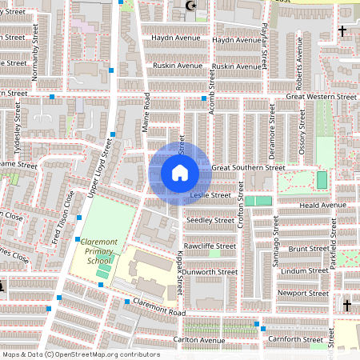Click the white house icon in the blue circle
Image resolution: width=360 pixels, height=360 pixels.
tap(179, 173)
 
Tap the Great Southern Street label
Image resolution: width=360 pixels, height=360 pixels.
tap(248, 168)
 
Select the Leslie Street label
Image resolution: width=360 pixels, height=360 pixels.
tap(210, 194)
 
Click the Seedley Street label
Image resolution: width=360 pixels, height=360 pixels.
tap(210, 219)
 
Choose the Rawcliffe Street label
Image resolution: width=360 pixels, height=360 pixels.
tap(210, 246)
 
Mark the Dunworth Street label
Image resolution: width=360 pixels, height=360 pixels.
tap(210, 272)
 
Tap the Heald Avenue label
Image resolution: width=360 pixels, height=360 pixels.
tap(322, 205)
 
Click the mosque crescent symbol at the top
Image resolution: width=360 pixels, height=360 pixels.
tap(190, 6)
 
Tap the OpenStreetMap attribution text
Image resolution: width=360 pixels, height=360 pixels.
tap(80, 354)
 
